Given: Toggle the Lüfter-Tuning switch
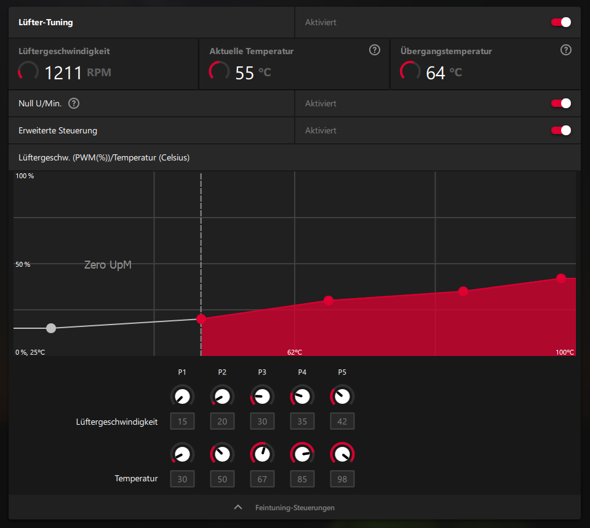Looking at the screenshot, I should pyautogui.click(x=561, y=22).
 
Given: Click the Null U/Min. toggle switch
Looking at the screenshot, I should pyautogui.click(x=561, y=103).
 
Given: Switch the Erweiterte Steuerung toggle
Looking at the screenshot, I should pyautogui.click(x=561, y=130).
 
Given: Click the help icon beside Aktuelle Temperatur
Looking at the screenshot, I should pyautogui.click(x=375, y=50).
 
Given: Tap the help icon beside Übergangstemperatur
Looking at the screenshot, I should pyautogui.click(x=566, y=50).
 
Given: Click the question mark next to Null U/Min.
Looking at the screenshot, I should pyautogui.click(x=74, y=103).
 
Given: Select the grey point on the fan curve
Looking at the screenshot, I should pyautogui.click(x=51, y=328).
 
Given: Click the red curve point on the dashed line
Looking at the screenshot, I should pyautogui.click(x=201, y=318).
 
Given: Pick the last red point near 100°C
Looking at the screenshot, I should pyautogui.click(x=561, y=278).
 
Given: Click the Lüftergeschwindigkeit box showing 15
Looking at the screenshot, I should pyautogui.click(x=183, y=421).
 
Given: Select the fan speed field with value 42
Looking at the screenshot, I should pyautogui.click(x=343, y=421).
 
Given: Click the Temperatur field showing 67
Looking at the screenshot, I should pyautogui.click(x=263, y=479).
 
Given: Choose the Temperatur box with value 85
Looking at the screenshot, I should pyautogui.click(x=303, y=479).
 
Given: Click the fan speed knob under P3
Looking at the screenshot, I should pyautogui.click(x=263, y=396).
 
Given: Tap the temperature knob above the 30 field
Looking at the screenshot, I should pyautogui.click(x=183, y=454).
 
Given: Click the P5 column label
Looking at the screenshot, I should pyautogui.click(x=342, y=372).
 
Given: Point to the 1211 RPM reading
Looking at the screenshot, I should pyautogui.click(x=63, y=73).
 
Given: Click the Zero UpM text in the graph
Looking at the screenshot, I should pyautogui.click(x=108, y=265).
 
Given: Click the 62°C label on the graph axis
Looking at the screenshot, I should pyautogui.click(x=295, y=352).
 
